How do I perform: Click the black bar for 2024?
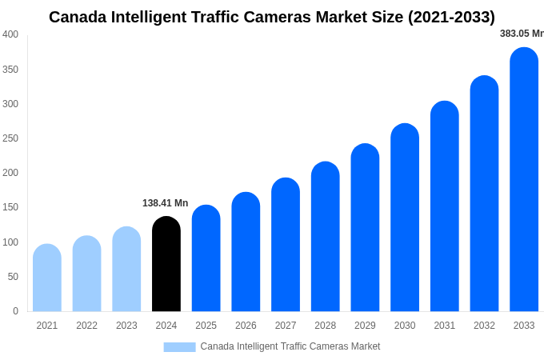pyautogui.click(x=166, y=264)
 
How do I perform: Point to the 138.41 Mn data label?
pyautogui.click(x=165, y=203)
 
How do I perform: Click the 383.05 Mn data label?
pyautogui.click(x=522, y=34)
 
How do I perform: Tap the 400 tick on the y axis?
pyautogui.click(x=10, y=34)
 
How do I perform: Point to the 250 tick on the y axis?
pyautogui.click(x=10, y=138)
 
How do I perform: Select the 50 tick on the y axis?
pyautogui.click(x=13, y=277)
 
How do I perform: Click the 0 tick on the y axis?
pyautogui.click(x=15, y=311)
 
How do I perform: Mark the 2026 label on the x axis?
pyautogui.click(x=246, y=326)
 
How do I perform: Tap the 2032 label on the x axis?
pyautogui.click(x=484, y=326)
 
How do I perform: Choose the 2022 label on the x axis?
pyautogui.click(x=86, y=326)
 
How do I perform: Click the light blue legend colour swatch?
pyautogui.click(x=179, y=346)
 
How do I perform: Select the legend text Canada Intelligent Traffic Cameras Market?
pyautogui.click(x=290, y=346)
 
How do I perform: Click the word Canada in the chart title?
pyautogui.click(x=78, y=17)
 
